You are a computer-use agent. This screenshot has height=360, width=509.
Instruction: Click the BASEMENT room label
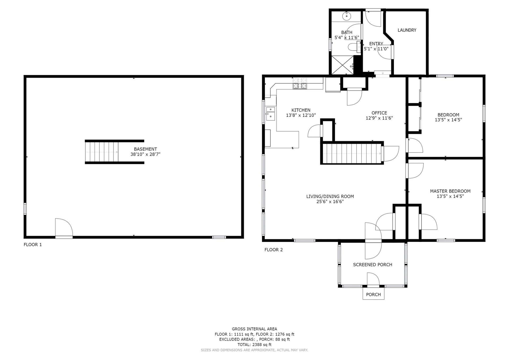click(145, 149)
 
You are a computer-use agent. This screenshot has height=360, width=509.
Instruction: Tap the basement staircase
click(102, 152)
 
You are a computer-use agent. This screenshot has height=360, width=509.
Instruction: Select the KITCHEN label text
click(301, 110)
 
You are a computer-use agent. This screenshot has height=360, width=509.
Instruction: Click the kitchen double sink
click(270, 114)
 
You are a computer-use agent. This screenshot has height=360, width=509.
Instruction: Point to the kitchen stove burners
click(300, 83)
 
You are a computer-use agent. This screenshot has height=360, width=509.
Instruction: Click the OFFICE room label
click(379, 113)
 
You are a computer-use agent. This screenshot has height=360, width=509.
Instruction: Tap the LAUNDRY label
click(407, 30)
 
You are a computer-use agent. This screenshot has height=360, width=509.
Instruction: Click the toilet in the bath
click(354, 47)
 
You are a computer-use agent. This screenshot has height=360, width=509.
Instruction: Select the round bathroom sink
click(346, 16)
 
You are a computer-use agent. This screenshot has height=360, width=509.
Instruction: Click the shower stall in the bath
click(343, 65)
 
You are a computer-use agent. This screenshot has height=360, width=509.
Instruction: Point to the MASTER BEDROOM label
click(450, 191)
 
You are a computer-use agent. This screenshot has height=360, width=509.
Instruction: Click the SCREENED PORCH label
click(372, 265)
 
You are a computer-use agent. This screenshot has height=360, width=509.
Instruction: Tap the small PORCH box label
click(373, 294)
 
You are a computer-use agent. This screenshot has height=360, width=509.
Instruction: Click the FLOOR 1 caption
click(33, 245)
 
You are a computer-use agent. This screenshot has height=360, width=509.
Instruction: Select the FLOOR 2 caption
click(274, 250)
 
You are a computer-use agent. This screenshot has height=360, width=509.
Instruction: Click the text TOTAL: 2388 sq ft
click(254, 345)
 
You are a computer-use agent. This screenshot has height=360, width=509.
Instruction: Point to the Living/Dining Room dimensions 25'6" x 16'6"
click(330, 202)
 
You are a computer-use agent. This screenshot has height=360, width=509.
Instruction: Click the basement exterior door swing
click(64, 227)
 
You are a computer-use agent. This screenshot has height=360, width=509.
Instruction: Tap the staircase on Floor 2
click(352, 153)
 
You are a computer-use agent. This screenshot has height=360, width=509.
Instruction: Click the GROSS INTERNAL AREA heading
click(254, 329)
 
